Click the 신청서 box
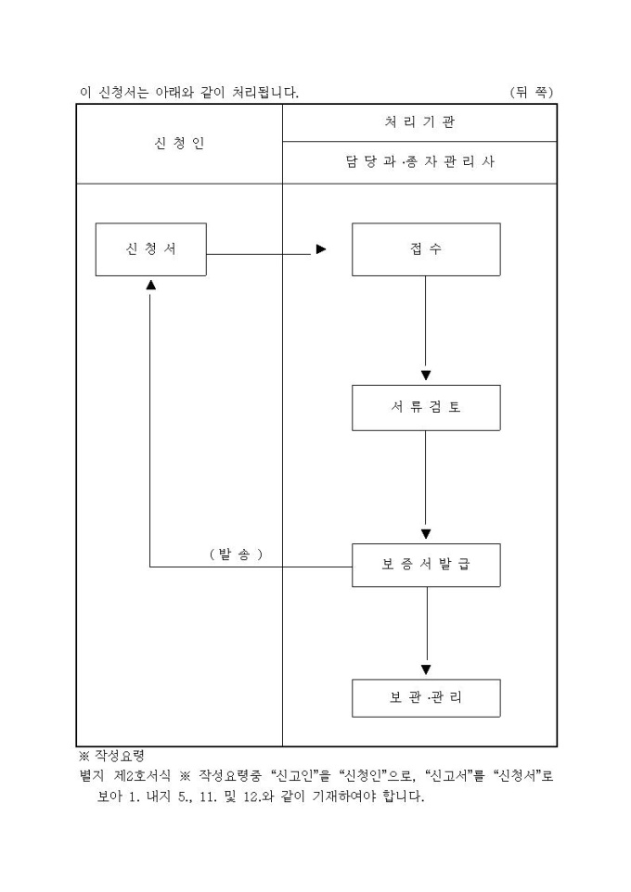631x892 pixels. point(150,249)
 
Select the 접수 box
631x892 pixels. point(426,249)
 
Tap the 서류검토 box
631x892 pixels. point(426,406)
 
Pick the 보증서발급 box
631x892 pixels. point(426,563)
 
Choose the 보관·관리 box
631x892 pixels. point(426,698)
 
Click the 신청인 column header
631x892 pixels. point(179,144)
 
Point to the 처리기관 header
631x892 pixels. point(419,121)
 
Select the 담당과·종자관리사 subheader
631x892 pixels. point(419,162)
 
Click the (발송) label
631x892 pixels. point(236,554)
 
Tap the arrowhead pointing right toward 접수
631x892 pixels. point(321,249)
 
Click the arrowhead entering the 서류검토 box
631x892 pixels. point(426,376)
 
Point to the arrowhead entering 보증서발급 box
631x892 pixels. point(426,534)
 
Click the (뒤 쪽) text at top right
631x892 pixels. point(531,93)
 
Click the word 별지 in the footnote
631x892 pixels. point(92,775)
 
